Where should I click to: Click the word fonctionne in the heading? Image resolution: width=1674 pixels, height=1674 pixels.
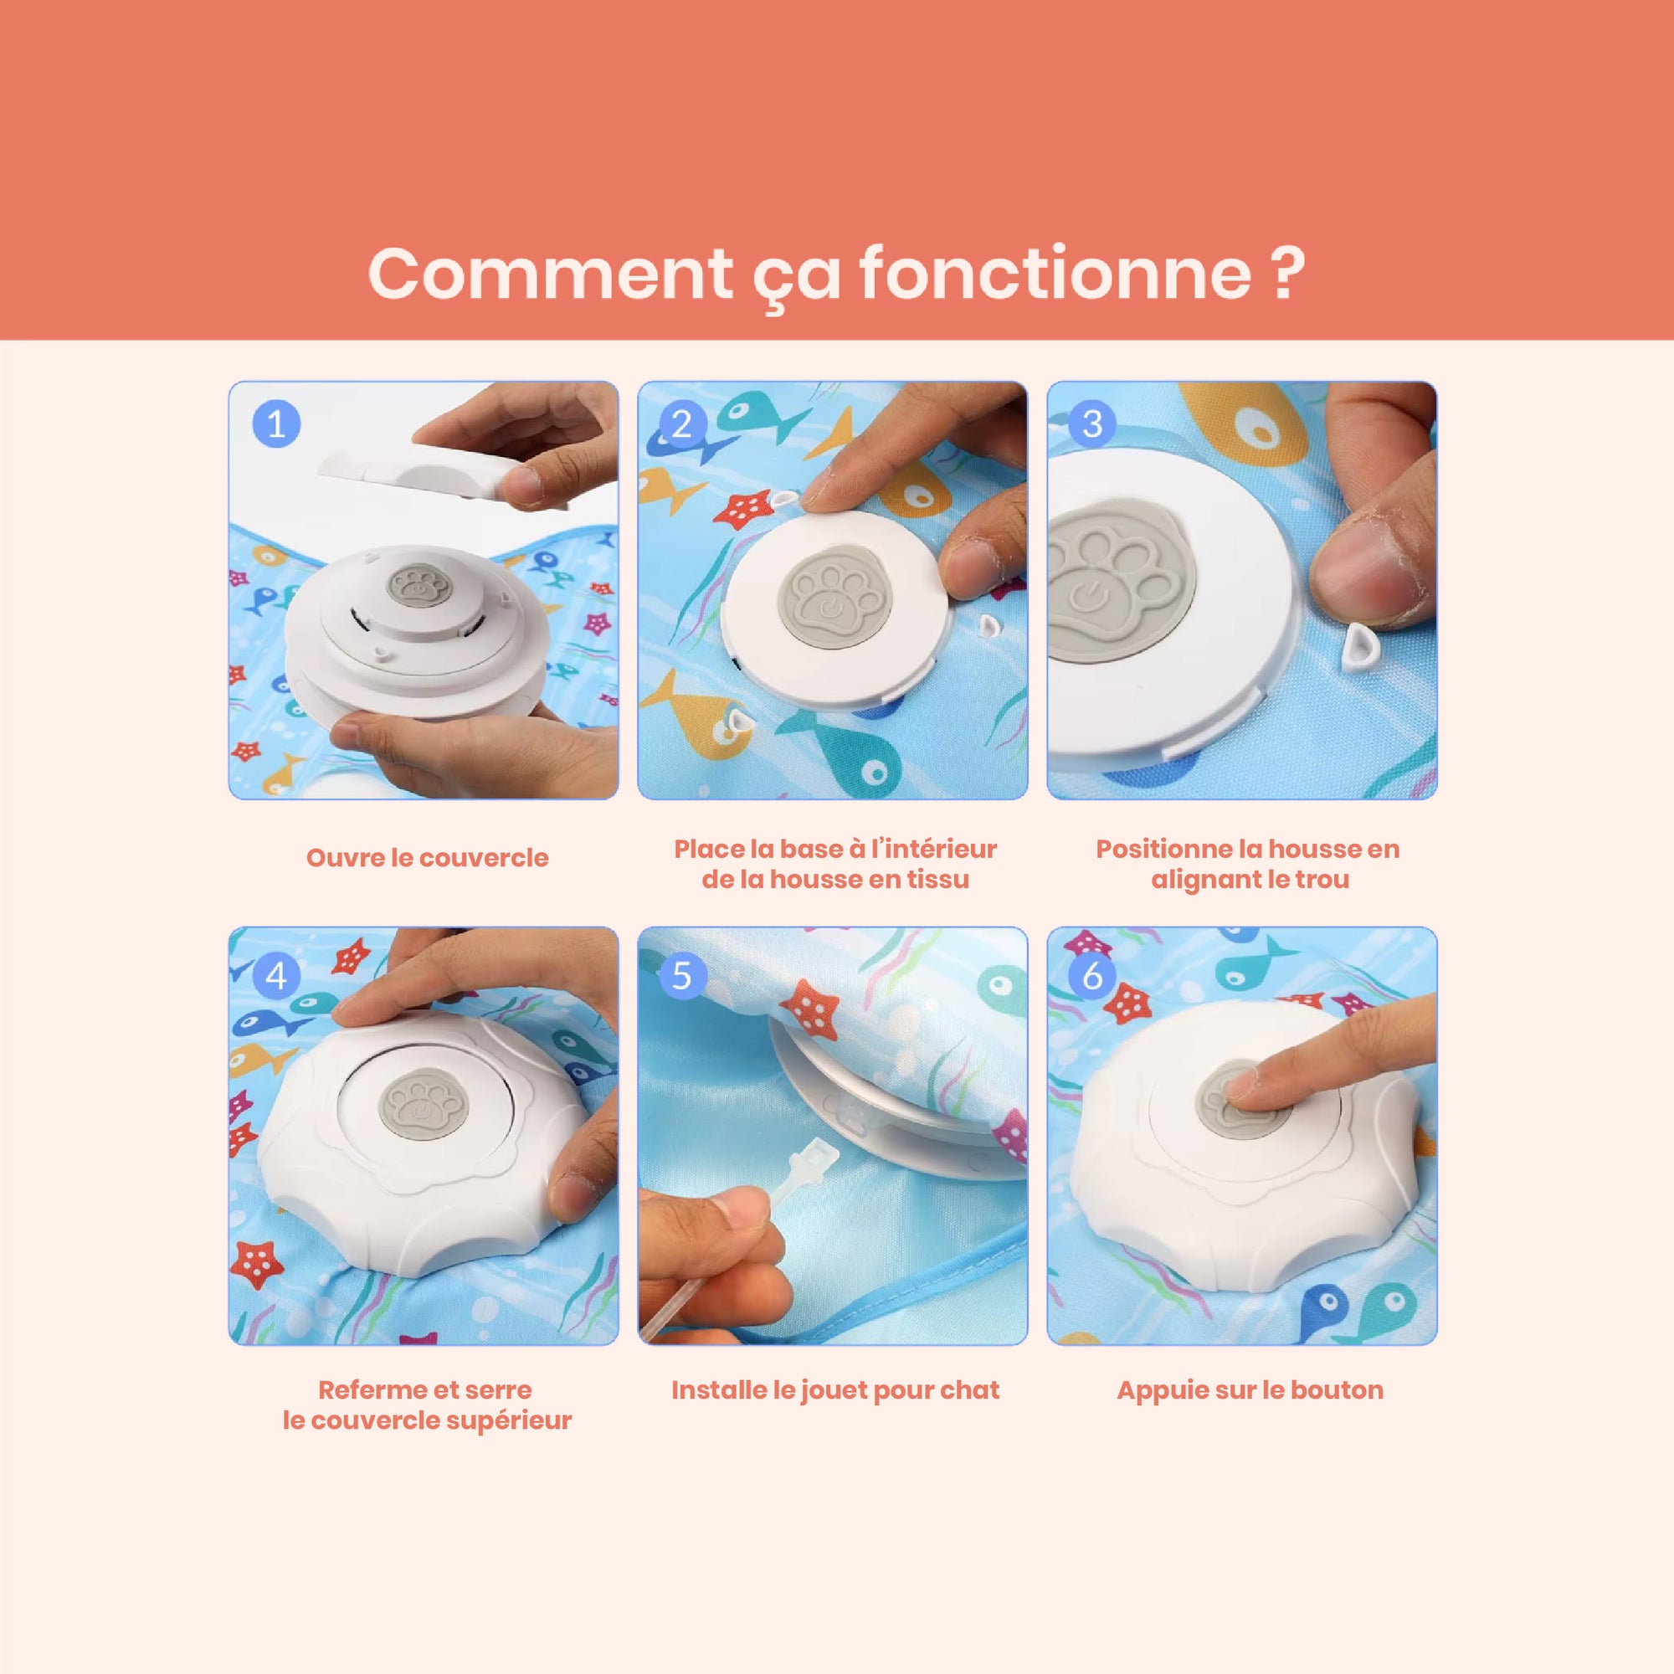(x=1055, y=274)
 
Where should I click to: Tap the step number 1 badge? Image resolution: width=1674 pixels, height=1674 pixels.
(x=276, y=424)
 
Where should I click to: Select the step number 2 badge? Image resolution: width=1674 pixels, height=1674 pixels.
(x=682, y=424)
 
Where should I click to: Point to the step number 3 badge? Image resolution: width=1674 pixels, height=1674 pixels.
(x=1091, y=424)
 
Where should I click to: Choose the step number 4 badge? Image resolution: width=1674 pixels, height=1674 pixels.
(x=276, y=976)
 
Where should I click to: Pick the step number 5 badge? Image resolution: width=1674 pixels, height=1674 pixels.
(x=682, y=976)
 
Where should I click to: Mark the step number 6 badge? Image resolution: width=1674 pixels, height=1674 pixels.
(x=1091, y=976)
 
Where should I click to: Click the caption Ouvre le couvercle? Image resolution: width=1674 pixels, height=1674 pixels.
(x=427, y=858)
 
